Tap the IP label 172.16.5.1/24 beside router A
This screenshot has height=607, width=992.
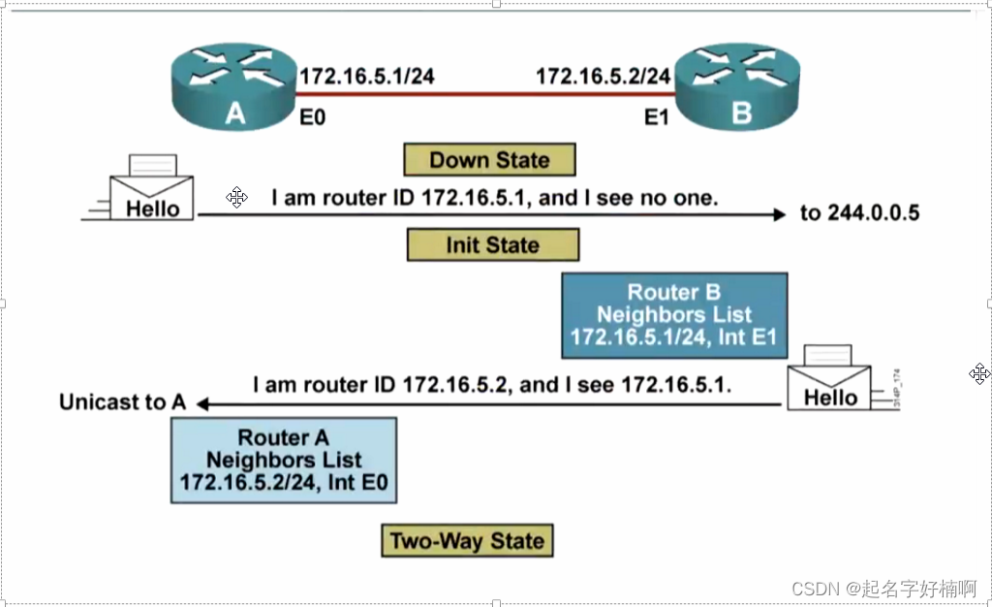click(366, 76)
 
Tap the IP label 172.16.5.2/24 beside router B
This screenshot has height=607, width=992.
click(603, 76)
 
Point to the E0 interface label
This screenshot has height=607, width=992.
click(312, 118)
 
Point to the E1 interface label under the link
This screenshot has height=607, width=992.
click(658, 118)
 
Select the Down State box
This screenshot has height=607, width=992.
click(489, 160)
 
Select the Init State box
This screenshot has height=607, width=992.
click(492, 244)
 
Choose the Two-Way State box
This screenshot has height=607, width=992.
click(467, 540)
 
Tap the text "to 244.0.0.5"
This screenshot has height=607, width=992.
click(859, 213)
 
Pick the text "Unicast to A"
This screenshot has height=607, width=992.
click(122, 402)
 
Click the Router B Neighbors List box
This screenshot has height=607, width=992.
click(674, 315)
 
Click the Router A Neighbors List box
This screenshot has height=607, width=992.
click(284, 460)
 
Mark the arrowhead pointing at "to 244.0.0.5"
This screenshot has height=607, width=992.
click(779, 214)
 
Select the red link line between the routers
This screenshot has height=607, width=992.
click(484, 95)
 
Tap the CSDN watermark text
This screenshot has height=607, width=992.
click(883, 588)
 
